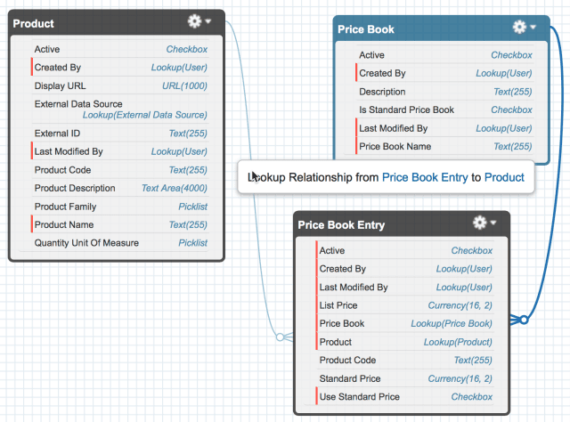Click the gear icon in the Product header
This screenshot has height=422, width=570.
tap(194, 21)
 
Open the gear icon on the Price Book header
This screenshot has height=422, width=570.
tap(519, 27)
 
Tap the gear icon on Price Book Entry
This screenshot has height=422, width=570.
tap(480, 223)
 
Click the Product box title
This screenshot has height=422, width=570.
tap(33, 24)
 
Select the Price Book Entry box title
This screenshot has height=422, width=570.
tap(341, 225)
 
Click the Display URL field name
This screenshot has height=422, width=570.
tap(60, 85)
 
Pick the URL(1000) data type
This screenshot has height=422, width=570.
tap(184, 85)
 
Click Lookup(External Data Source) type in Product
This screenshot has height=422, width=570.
tap(144, 115)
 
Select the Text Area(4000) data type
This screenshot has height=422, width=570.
tap(175, 188)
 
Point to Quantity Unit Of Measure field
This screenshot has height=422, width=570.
tap(86, 243)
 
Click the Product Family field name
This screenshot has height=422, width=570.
tap(65, 207)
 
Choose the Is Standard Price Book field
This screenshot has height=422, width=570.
tap(406, 110)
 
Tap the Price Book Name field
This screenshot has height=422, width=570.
tap(395, 147)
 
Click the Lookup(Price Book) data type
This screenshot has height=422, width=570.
tap(452, 323)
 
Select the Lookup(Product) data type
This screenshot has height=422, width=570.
tap(458, 342)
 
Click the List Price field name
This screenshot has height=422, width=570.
tap(338, 305)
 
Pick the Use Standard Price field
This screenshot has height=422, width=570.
tap(360, 396)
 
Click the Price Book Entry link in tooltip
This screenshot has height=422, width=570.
tap(425, 177)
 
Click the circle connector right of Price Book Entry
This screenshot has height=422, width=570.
tap(524, 320)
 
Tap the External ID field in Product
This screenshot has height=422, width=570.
tap(57, 134)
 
